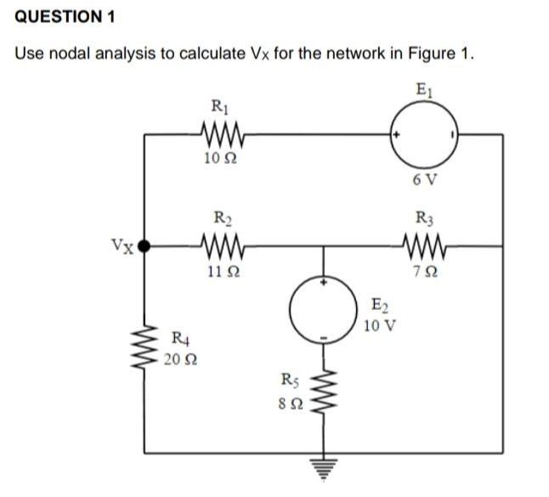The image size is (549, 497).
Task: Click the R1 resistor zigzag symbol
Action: [223, 133]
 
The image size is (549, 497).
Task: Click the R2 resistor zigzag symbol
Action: [224, 246]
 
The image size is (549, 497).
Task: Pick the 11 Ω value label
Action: [223, 271]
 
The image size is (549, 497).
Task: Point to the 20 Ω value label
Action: [178, 360]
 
